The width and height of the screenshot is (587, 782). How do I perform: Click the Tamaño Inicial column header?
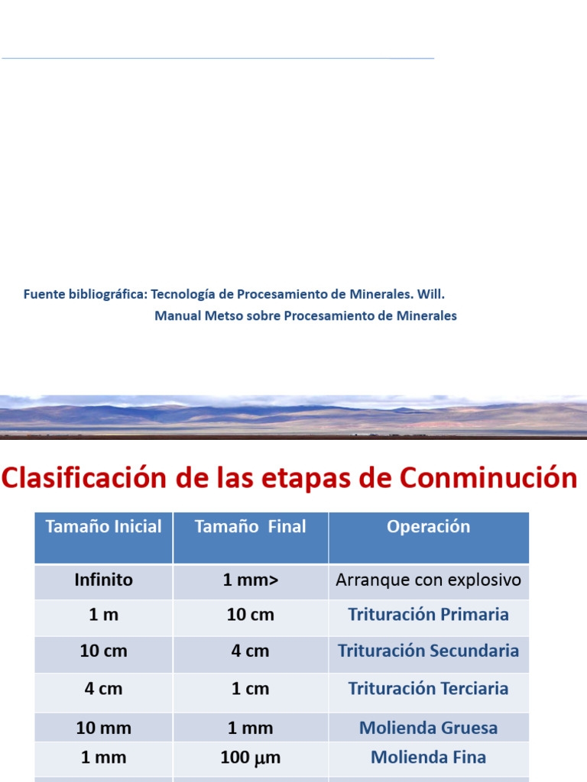[104, 527]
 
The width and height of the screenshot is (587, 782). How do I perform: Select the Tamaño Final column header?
[250, 527]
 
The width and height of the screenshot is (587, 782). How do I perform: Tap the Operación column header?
[428, 527]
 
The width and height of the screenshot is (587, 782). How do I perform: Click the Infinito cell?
[104, 580]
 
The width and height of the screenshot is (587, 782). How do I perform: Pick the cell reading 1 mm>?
[250, 580]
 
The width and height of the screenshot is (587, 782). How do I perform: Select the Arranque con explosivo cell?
[428, 580]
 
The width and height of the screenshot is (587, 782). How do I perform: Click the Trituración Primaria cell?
[428, 615]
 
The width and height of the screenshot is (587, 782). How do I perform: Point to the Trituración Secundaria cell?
[428, 651]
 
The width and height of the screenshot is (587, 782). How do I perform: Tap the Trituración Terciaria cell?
[428, 689]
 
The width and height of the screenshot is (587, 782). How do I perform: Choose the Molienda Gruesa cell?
[428, 729]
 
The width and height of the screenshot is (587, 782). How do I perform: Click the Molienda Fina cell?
[428, 758]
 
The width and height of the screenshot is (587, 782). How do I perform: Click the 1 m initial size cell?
[104, 615]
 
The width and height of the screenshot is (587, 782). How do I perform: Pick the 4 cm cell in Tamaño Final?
[250, 651]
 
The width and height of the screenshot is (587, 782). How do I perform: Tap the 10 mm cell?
[104, 729]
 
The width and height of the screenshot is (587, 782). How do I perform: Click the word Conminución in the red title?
[488, 478]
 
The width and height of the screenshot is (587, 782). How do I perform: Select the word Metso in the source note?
[224, 316]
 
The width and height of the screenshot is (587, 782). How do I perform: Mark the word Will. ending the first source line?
[431, 294]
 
